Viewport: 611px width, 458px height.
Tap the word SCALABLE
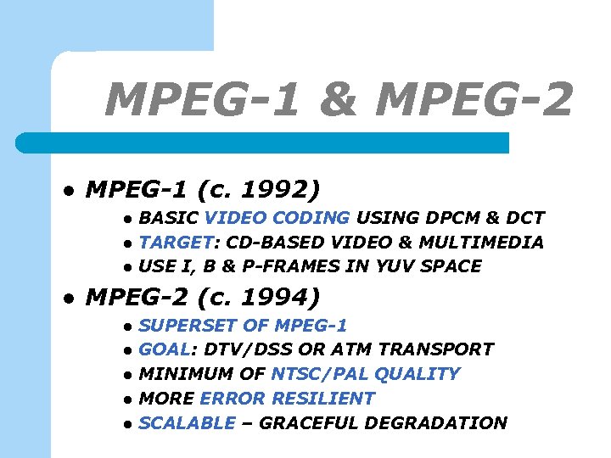[186, 423]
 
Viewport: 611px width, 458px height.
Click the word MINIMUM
[181, 374]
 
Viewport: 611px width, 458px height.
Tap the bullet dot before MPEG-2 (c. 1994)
[70, 299]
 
